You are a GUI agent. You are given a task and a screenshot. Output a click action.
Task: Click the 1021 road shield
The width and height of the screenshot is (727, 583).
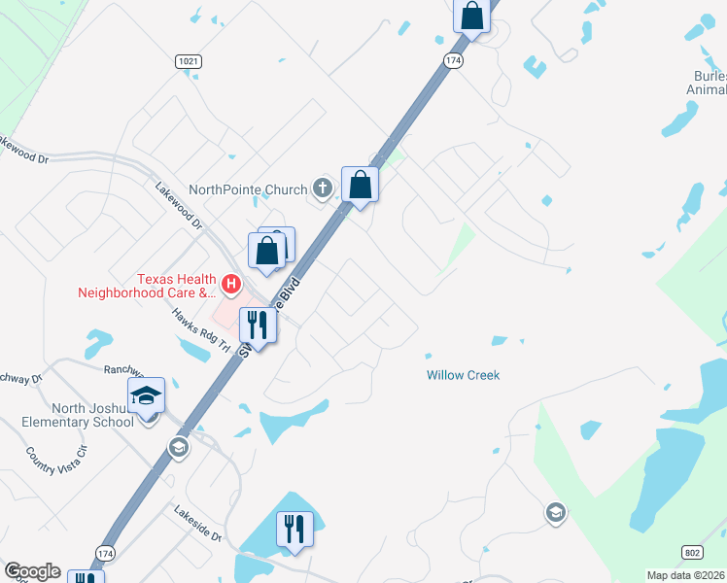pos(190,61)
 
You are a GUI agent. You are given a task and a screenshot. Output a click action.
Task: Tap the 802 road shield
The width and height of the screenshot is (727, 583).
pos(691,552)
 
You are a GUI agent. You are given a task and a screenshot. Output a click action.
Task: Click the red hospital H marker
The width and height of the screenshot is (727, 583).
pos(231,284)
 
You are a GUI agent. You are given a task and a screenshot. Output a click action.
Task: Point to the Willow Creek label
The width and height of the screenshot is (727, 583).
pos(463,375)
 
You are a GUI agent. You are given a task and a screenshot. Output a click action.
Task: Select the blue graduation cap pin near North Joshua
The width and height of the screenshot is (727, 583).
pos(147,395)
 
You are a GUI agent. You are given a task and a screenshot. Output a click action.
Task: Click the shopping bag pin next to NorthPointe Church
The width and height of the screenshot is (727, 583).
pos(360,184)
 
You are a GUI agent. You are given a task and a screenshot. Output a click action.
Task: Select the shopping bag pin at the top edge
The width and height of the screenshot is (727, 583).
pos(471,16)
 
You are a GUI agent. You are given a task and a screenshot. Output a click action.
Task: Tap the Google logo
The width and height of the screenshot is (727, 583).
pos(32,571)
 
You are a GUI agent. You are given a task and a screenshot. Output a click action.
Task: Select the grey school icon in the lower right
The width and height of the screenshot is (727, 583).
pos(555,513)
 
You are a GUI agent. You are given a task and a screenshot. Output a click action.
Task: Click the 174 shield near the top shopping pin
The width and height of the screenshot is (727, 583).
pos(454,60)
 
